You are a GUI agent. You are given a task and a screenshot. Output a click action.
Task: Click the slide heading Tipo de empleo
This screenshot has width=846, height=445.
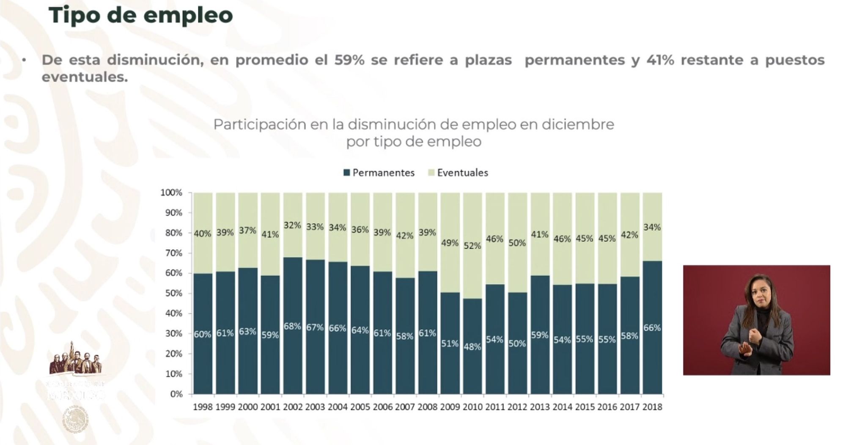click(140, 15)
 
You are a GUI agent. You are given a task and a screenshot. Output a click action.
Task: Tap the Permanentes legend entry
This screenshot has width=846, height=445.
click(379, 173)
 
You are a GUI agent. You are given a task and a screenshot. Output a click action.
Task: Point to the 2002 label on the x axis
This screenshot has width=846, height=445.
click(293, 407)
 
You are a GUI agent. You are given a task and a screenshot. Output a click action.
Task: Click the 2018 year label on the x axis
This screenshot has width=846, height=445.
click(652, 407)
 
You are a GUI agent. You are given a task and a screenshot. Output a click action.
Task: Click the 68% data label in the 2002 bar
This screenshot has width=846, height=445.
click(292, 327)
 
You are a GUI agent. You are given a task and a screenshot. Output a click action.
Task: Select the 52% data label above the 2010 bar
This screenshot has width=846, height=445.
click(472, 246)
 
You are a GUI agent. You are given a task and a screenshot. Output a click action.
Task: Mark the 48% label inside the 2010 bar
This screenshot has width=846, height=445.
click(472, 347)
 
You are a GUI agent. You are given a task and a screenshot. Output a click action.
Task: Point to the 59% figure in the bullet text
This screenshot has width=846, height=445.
click(349, 60)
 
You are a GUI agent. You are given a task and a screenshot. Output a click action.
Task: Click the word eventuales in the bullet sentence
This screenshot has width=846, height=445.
click(85, 77)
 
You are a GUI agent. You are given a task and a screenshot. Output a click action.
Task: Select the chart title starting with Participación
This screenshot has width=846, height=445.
click(413, 132)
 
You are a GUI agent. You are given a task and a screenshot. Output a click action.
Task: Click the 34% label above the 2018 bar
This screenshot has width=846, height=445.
click(652, 227)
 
